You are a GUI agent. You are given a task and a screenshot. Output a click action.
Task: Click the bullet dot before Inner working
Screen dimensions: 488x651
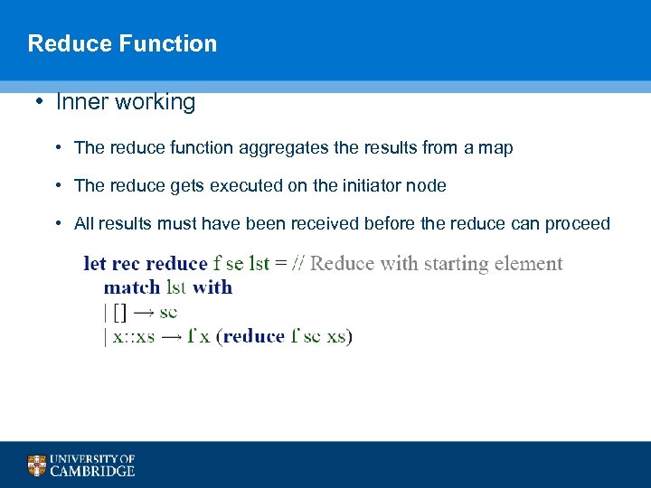[41, 102]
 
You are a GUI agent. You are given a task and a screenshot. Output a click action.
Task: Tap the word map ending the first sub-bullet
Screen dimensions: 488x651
[495, 147]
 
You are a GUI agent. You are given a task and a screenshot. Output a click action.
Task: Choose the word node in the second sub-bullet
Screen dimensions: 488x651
[428, 185]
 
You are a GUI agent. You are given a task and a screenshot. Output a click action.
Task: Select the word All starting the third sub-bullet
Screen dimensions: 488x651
[84, 223]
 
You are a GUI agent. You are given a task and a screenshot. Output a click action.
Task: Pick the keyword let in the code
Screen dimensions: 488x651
[94, 264]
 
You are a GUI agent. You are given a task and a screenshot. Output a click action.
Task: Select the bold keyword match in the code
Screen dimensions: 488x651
[133, 287]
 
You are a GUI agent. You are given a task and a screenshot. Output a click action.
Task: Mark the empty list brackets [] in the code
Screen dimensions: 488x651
[119, 312]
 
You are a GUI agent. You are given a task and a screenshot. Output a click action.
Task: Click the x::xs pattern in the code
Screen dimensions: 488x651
[133, 336]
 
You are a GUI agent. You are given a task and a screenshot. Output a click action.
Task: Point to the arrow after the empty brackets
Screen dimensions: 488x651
[142, 312]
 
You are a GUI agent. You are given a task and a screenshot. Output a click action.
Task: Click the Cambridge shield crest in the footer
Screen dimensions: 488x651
[36, 465]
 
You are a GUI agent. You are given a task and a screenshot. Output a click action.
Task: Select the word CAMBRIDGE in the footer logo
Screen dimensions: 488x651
[92, 471]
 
